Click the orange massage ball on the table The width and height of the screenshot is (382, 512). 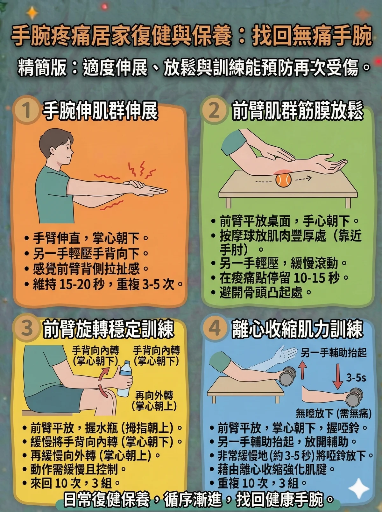point(283,180)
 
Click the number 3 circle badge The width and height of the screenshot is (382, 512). point(27,328)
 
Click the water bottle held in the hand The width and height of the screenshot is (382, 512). point(125,379)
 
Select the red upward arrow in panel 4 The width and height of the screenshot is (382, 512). point(302,371)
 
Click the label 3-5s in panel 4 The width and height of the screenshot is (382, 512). point(356,378)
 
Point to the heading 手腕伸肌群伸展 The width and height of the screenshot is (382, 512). point(101,111)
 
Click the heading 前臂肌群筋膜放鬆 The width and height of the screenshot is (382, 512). point(297,111)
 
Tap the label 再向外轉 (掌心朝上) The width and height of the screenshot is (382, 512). point(154,401)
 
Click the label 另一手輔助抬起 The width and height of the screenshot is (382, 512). point(334,353)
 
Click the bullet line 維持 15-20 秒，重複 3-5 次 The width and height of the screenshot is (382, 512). point(105,284)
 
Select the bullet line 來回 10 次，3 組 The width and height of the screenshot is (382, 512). point(72,483)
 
